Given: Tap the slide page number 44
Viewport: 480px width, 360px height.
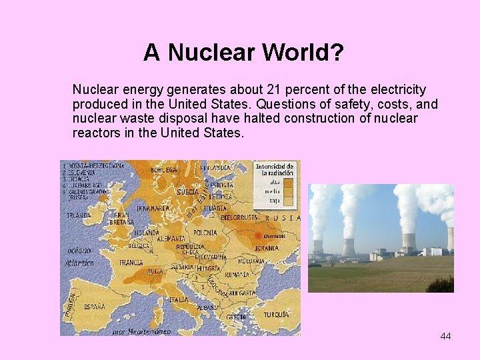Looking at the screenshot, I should pyautogui.click(x=445, y=336).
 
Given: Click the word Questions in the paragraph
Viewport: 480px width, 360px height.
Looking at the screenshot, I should pyautogui.click(x=286, y=104).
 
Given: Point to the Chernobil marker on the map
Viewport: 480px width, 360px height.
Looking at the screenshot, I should pyautogui.click(x=273, y=235).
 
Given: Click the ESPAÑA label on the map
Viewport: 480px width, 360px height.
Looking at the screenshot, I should pyautogui.click(x=94, y=307).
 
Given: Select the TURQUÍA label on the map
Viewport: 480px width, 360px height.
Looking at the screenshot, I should pyautogui.click(x=276, y=314).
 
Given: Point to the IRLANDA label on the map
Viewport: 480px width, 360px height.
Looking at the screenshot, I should pyautogui.click(x=78, y=215).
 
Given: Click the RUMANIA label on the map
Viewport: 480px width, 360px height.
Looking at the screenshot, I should pyautogui.click(x=237, y=275).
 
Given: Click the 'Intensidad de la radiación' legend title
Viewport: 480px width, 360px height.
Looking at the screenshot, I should pyautogui.click(x=274, y=169).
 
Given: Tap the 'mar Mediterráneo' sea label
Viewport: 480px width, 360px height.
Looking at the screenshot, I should pyautogui.click(x=141, y=331).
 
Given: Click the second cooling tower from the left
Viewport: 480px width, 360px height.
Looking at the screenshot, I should pyautogui.click(x=349, y=246).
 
